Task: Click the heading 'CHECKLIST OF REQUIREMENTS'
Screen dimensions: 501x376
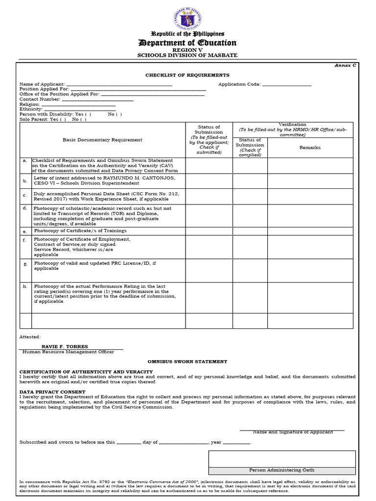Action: (x=187, y=75)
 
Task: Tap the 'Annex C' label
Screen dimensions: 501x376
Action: (x=345, y=66)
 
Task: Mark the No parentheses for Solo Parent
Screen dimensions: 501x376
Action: (x=83, y=119)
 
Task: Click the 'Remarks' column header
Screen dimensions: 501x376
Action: (x=310, y=147)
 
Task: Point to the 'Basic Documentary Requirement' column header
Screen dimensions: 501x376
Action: (x=102, y=140)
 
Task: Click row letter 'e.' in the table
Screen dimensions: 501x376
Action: (x=24, y=231)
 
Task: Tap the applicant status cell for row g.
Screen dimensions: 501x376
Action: (x=209, y=271)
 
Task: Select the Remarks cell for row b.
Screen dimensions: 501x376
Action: (x=310, y=181)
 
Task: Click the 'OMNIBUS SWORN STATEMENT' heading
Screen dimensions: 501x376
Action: (x=187, y=362)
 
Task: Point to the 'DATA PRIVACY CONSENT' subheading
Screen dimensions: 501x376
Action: (x=52, y=392)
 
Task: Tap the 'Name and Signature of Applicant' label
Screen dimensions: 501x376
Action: (x=293, y=432)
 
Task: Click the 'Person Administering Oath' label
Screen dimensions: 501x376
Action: (x=282, y=470)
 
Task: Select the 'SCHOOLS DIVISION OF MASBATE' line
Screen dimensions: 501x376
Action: (x=188, y=55)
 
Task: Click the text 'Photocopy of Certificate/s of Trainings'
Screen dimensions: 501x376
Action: (x=80, y=230)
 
